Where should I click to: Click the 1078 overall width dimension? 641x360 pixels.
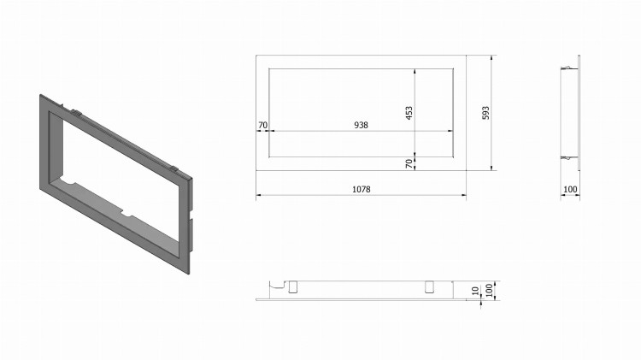pos(361,189)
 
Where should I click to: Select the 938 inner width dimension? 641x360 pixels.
pos(361,125)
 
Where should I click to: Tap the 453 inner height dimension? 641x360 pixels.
pos(409,113)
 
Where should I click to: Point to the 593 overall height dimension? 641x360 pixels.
pos(485,113)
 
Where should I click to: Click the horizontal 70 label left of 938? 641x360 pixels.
pos(263,125)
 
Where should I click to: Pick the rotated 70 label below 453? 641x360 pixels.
pos(409,163)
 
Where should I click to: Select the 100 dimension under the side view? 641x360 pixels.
pos(570,189)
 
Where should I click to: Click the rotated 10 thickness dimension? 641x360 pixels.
pos(475,291)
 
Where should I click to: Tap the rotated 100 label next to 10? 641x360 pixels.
pos(489,291)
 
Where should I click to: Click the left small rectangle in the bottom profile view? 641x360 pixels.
pos(292,286)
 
